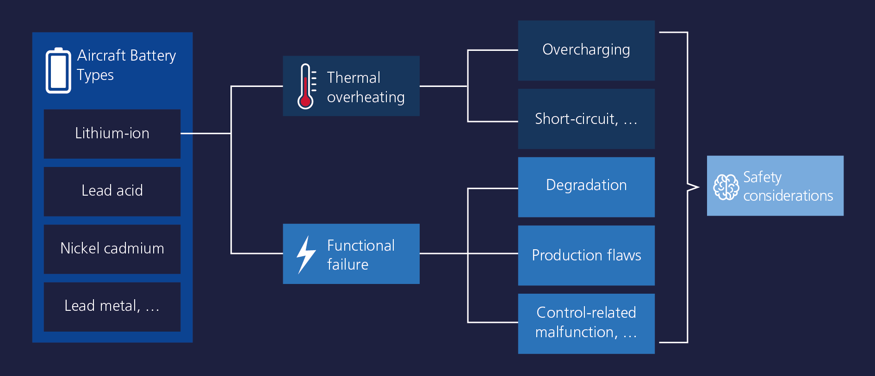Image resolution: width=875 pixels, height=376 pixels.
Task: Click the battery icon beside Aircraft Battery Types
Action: click(58, 70)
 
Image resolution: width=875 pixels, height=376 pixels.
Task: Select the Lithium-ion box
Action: click(112, 134)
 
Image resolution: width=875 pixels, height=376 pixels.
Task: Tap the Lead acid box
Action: click(112, 191)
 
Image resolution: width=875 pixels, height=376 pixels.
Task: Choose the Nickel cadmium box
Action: click(112, 249)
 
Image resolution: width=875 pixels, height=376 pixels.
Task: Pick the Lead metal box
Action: click(112, 307)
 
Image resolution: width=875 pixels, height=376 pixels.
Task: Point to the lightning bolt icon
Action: click(306, 254)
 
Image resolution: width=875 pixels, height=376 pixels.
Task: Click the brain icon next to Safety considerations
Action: click(726, 187)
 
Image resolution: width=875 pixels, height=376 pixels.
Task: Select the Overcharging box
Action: click(586, 50)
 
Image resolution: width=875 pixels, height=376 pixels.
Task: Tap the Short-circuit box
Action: click(586, 119)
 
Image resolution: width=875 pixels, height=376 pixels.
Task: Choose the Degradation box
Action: click(586, 187)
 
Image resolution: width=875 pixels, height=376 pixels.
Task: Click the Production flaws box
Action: click(586, 255)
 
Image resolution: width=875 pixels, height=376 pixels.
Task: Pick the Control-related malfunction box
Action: click(586, 324)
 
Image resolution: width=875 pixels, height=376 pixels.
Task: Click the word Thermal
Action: click(354, 78)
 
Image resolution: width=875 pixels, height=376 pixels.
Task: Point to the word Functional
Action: click(361, 246)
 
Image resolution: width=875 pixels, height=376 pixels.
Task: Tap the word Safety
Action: click(762, 178)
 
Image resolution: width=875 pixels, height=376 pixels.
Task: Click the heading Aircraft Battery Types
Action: click(126, 65)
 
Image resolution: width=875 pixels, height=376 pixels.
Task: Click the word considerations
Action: click(788, 196)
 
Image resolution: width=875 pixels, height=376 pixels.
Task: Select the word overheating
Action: click(366, 97)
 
